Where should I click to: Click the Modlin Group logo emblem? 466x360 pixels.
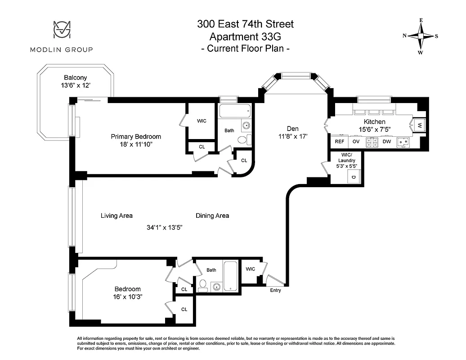click(x=61, y=31)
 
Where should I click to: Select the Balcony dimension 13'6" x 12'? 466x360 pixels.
click(x=75, y=85)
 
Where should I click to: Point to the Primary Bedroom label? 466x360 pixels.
click(x=136, y=136)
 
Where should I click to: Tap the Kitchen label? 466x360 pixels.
click(x=374, y=121)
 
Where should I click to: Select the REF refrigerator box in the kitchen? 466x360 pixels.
click(x=339, y=141)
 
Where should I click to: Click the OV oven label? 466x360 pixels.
click(x=355, y=141)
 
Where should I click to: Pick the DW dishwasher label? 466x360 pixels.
click(x=386, y=141)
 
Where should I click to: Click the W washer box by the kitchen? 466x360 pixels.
click(x=419, y=125)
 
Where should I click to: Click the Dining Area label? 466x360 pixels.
click(x=212, y=216)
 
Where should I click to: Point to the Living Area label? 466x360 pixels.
click(x=116, y=216)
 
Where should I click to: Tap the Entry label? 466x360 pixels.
click(x=275, y=290)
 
